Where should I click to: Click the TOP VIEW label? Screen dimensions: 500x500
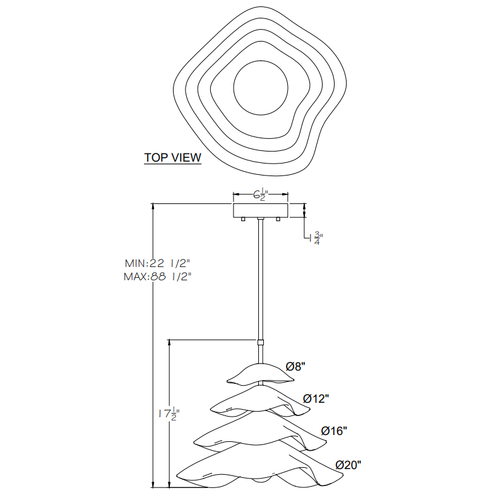172,158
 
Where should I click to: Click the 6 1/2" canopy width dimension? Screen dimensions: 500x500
261,194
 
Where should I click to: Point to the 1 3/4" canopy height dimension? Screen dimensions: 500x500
316,238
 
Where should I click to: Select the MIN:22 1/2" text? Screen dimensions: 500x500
158,263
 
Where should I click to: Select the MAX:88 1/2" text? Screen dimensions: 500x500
158,277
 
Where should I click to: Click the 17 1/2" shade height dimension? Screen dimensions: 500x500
169,414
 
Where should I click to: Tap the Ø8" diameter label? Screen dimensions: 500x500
295,367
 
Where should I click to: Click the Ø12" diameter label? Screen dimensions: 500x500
316,398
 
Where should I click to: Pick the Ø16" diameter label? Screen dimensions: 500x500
334,431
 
